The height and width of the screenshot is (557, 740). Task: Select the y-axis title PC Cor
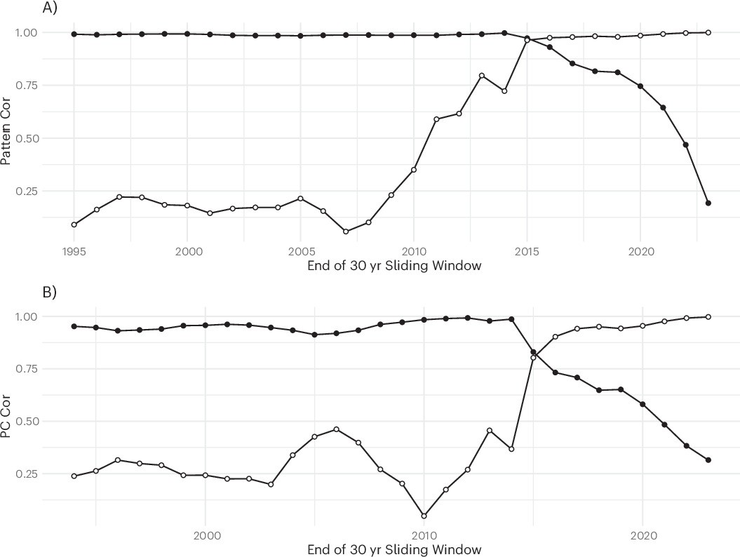[6, 419]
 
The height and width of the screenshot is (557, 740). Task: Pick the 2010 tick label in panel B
[424, 535]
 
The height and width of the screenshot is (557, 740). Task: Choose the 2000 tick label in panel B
[205, 535]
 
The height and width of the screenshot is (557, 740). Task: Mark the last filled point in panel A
[708, 203]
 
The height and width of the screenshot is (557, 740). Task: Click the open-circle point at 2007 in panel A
[346, 231]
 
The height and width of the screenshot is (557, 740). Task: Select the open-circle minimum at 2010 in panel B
[424, 516]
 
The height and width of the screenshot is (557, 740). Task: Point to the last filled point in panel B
[708, 460]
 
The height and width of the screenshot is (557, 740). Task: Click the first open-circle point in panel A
[74, 224]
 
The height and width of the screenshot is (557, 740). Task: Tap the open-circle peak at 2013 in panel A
[482, 76]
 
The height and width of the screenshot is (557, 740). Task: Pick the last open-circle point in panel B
[708, 317]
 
